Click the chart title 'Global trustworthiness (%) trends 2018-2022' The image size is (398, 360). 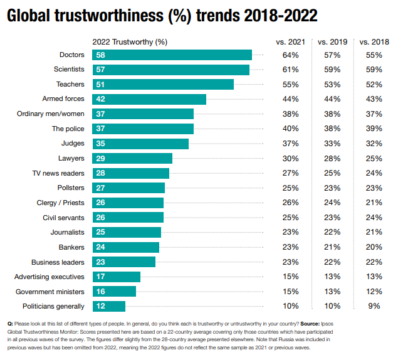(162, 16)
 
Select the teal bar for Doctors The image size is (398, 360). (172, 55)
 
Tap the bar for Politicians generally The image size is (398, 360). (108, 306)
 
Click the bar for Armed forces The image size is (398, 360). (149, 99)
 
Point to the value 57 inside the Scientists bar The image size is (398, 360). (100, 70)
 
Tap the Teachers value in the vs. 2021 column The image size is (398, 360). (290, 84)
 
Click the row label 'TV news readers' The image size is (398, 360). (58, 173)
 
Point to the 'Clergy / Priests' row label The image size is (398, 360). (60, 203)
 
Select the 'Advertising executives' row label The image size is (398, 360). (50, 277)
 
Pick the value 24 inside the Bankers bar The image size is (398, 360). (100, 247)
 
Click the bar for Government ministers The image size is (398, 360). (114, 292)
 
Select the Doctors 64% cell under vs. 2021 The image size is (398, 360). (290, 55)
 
